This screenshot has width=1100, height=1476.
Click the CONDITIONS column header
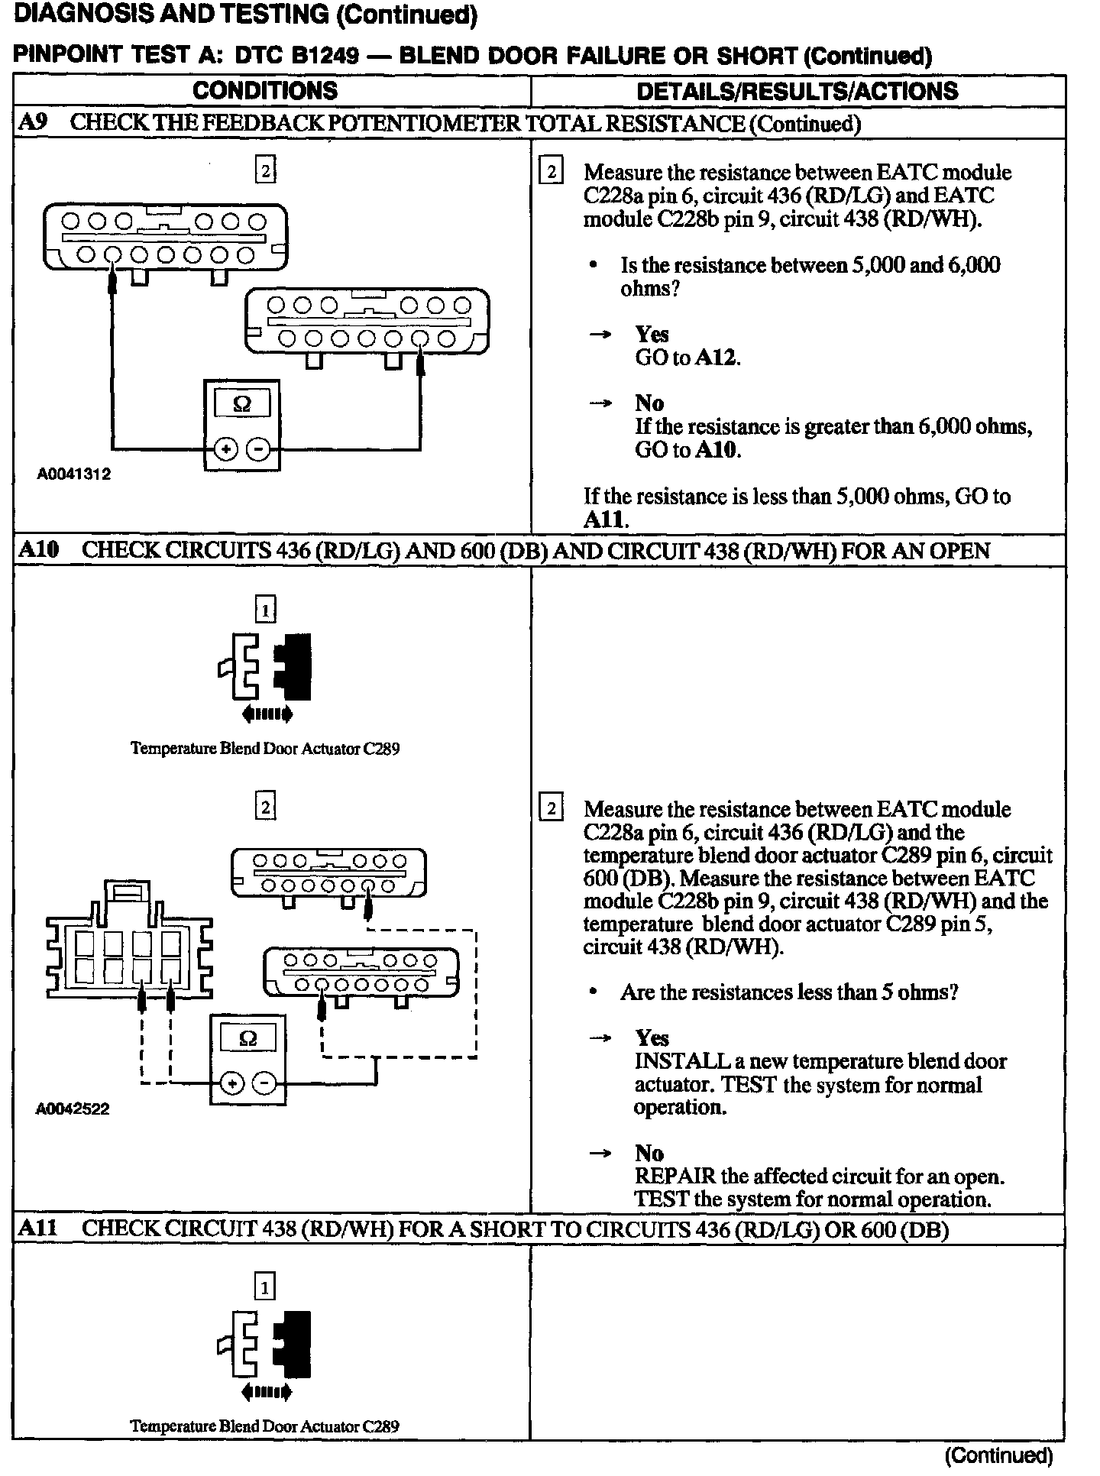(x=264, y=91)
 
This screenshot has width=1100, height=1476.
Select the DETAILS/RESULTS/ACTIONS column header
(x=797, y=92)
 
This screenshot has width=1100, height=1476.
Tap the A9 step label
(x=34, y=123)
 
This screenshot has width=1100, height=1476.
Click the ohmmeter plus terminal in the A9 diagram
(x=225, y=449)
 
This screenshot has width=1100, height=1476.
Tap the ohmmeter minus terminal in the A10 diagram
(x=264, y=1083)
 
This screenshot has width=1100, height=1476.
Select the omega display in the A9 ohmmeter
(x=241, y=404)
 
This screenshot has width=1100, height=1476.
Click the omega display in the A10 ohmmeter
(x=247, y=1037)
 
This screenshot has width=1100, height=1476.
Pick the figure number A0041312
(x=74, y=474)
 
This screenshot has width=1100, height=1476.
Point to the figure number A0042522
(x=73, y=1109)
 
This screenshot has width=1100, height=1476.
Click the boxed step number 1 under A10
(x=264, y=610)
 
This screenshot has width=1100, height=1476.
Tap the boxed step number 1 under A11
(x=264, y=1288)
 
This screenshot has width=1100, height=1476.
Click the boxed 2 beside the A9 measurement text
(x=550, y=171)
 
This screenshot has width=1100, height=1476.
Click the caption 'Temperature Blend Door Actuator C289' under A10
(x=265, y=749)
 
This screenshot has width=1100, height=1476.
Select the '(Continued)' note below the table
(x=998, y=1455)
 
